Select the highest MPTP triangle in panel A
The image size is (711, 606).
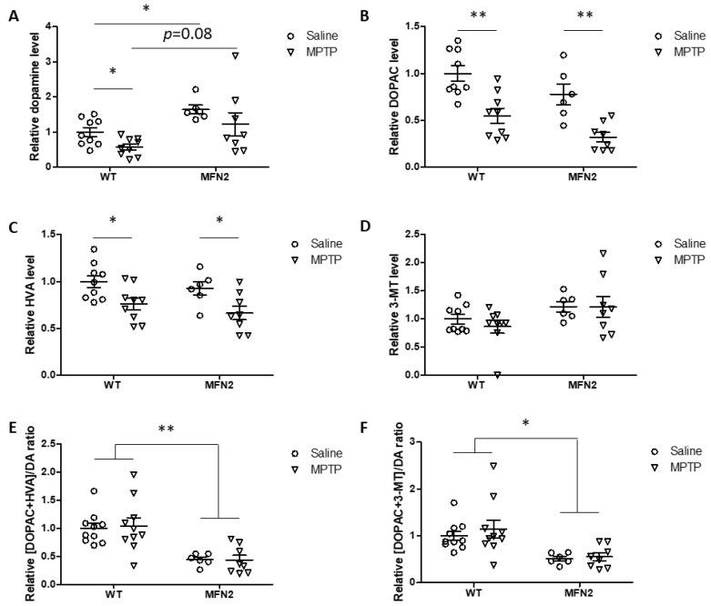point(235,56)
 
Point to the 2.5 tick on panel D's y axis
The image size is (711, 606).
point(405,234)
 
